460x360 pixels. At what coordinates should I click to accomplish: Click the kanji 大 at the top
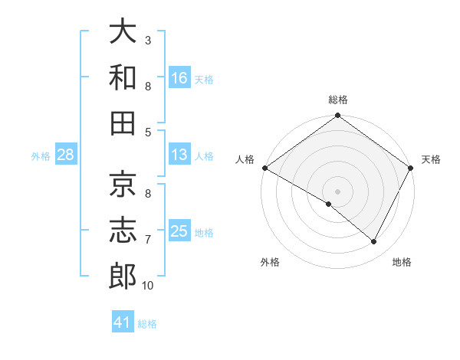[x=123, y=32]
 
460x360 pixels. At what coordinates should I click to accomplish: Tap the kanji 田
[x=123, y=123]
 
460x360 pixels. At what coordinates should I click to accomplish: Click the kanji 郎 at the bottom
[x=123, y=276]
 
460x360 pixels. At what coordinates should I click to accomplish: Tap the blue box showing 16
[x=179, y=77]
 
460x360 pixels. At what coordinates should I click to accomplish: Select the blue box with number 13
[x=179, y=155]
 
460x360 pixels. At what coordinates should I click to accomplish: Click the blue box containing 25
[x=179, y=231]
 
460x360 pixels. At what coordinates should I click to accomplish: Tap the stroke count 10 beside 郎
[x=148, y=286]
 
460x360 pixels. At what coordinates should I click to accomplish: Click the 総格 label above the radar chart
[x=337, y=100]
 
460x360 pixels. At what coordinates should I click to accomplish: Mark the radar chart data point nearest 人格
[x=264, y=168]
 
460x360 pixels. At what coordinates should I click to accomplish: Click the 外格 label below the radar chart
[x=270, y=262]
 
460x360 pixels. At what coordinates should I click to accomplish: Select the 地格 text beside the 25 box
[x=205, y=232]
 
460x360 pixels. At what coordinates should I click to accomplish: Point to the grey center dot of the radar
[x=337, y=191]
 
